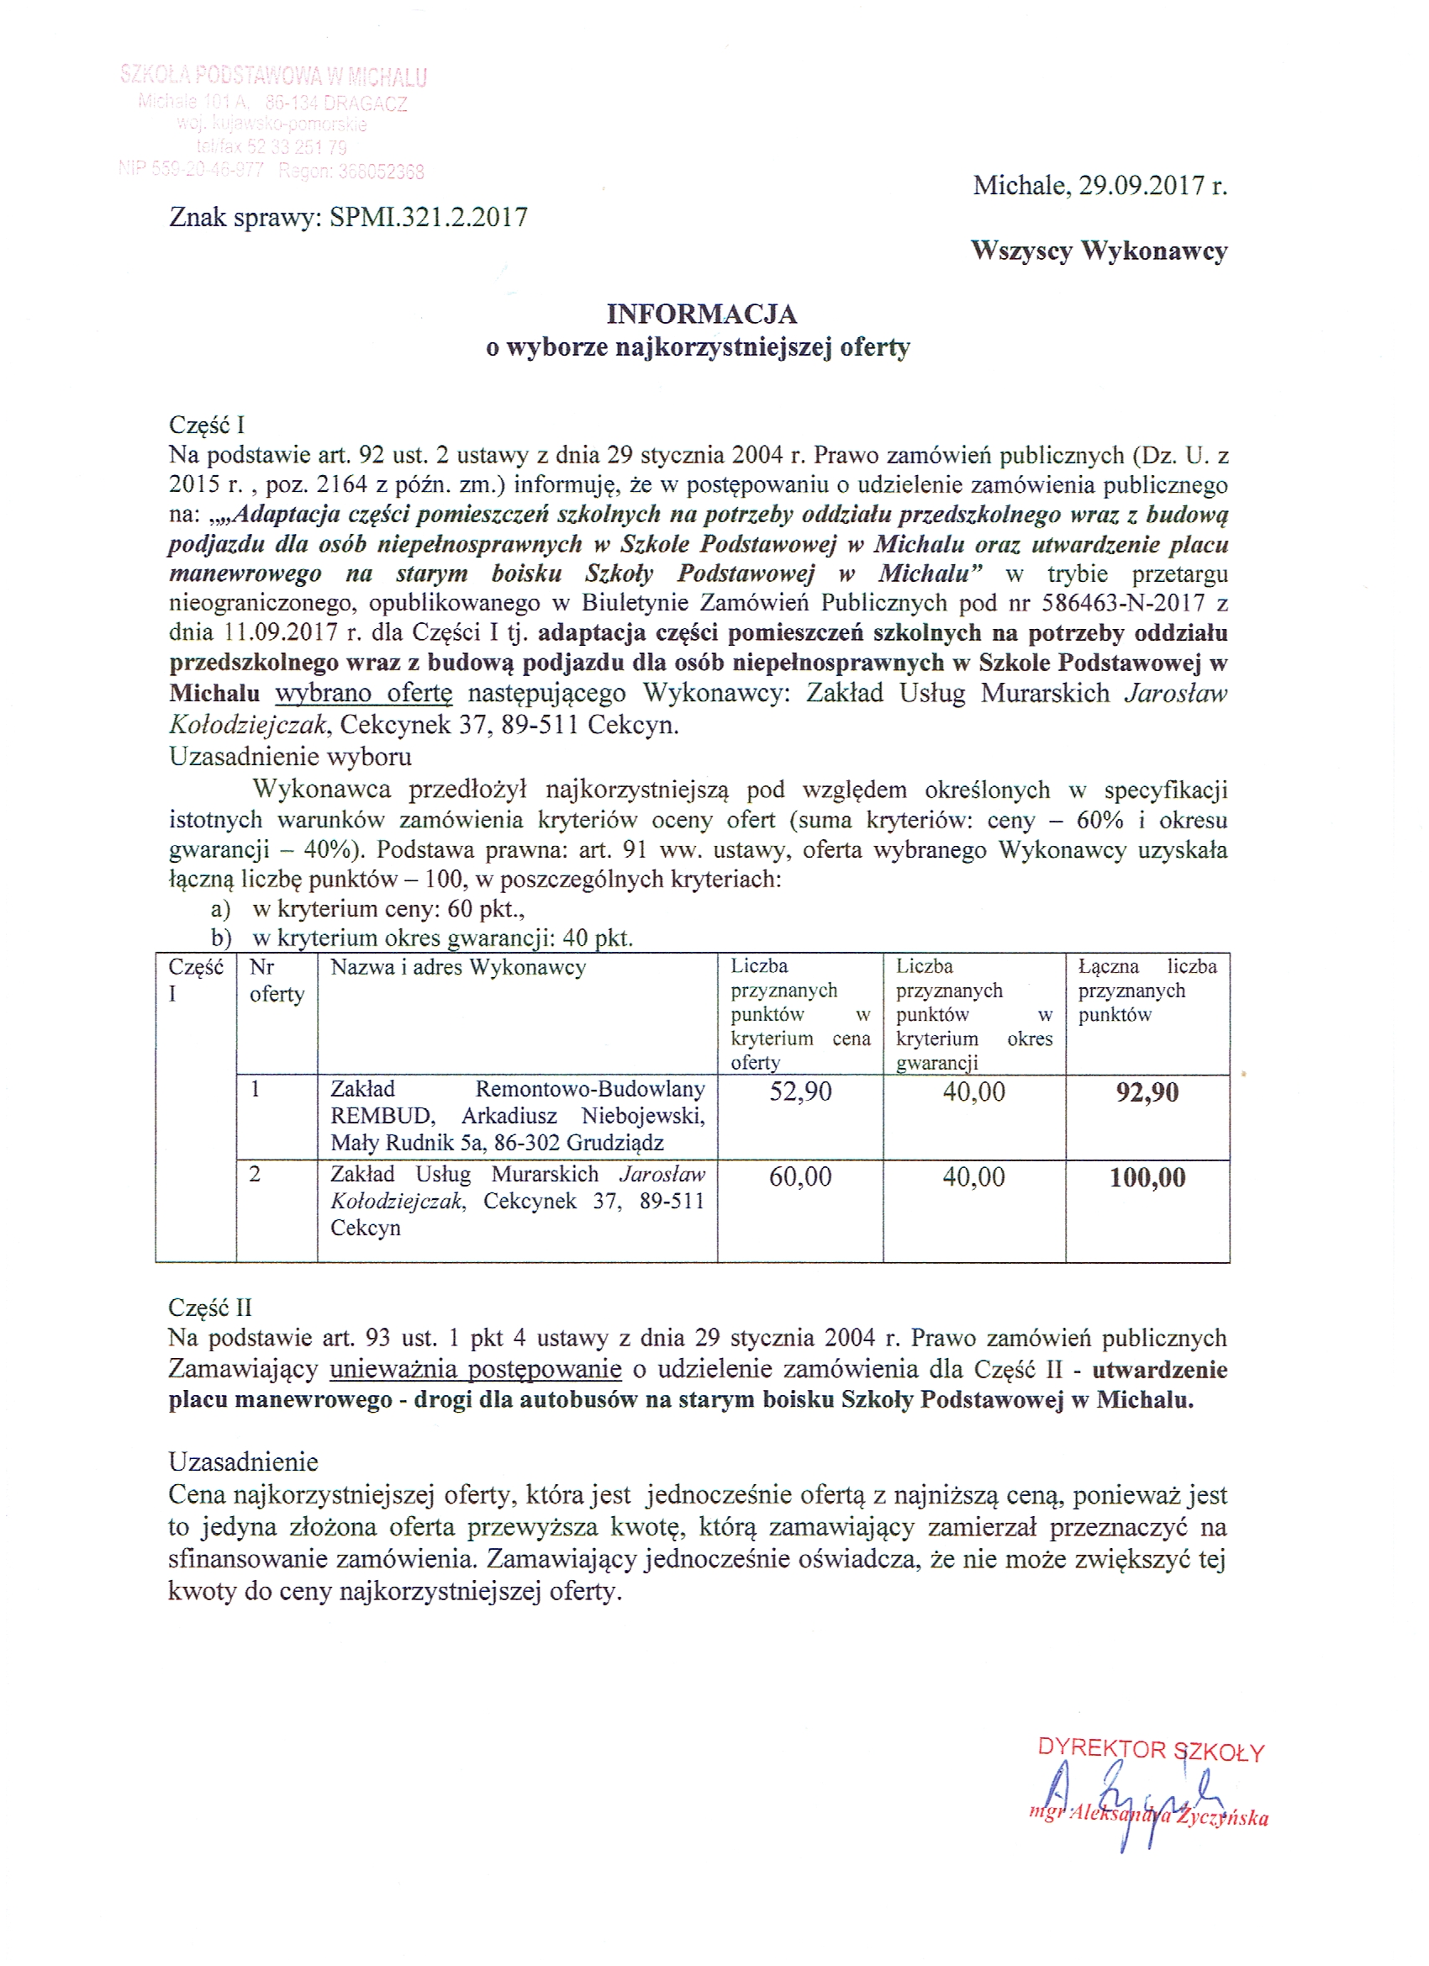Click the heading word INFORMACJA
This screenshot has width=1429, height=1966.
pyautogui.click(x=701, y=314)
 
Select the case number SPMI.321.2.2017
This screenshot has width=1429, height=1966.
pyautogui.click(x=429, y=217)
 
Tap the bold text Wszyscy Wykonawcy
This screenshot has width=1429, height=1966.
pyautogui.click(x=1099, y=251)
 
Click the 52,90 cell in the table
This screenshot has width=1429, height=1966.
pyautogui.click(x=800, y=1091)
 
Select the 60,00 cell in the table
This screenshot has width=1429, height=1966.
pyautogui.click(x=800, y=1176)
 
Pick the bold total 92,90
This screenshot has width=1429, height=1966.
pyautogui.click(x=1147, y=1092)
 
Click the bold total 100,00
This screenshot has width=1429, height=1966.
pyautogui.click(x=1147, y=1177)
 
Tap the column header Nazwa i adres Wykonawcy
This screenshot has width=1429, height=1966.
pyautogui.click(x=458, y=967)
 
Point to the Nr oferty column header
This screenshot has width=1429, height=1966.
pyautogui.click(x=277, y=980)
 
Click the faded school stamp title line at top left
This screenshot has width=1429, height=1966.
pyautogui.click(x=274, y=77)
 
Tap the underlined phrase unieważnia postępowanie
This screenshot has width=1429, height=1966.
pyautogui.click(x=476, y=1369)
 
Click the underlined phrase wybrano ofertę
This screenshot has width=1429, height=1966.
pyautogui.click(x=364, y=694)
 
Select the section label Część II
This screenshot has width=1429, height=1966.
pyautogui.click(x=211, y=1308)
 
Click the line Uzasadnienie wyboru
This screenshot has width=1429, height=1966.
pyautogui.click(x=290, y=757)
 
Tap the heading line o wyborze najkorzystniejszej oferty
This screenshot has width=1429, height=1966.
pyautogui.click(x=698, y=347)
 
